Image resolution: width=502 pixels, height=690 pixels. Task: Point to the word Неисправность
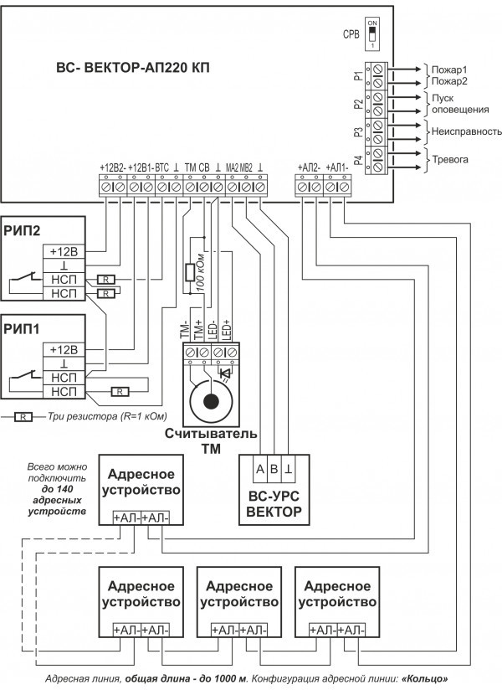[464, 131]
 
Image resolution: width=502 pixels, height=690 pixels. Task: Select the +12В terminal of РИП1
[64, 349]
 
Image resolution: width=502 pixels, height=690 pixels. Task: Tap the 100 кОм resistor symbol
[190, 272]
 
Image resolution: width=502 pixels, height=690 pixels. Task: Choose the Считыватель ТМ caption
[208, 440]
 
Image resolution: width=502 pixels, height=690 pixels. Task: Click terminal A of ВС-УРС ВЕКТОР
[260, 469]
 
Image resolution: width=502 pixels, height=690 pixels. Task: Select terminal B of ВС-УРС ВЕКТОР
[274, 469]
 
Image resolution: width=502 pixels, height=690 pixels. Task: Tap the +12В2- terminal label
[112, 167]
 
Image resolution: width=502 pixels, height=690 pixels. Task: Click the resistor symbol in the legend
[25, 415]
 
